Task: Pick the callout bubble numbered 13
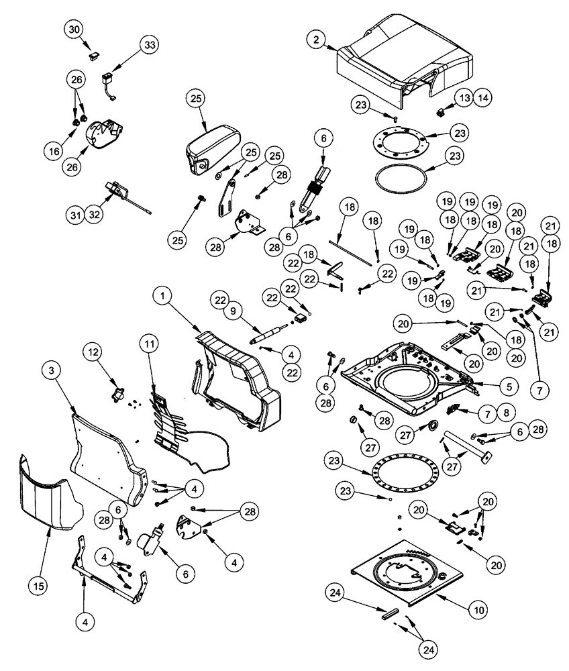point(465,98)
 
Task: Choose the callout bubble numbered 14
point(484,98)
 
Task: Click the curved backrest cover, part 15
point(44,497)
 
